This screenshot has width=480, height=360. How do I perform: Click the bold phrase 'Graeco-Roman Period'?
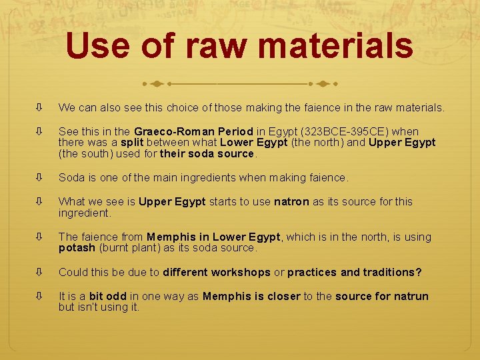[193, 131]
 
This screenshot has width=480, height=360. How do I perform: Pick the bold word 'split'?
[132, 142]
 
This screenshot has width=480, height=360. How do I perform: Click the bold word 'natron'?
[291, 201]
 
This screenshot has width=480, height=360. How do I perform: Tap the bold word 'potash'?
[77, 247]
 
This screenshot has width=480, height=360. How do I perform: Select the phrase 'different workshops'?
[217, 272]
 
